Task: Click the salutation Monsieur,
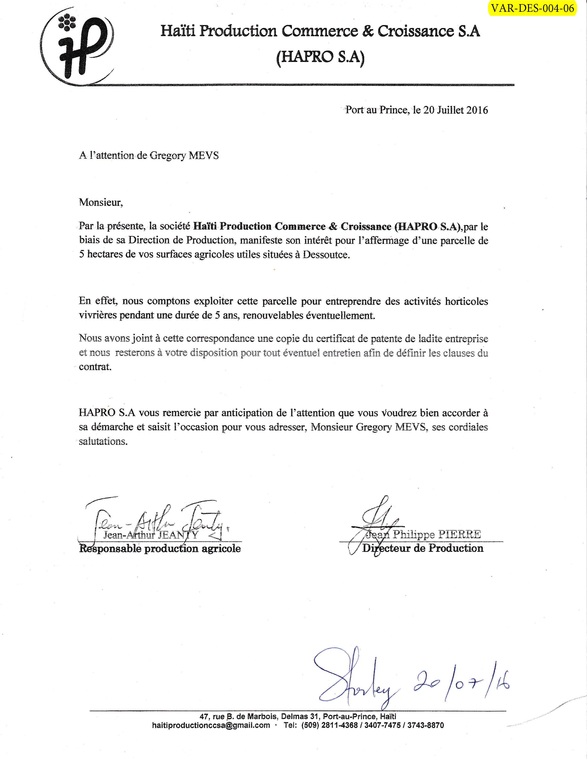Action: pyautogui.click(x=101, y=202)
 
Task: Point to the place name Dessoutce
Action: pyautogui.click(x=326, y=255)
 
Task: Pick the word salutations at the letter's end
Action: pyautogui.click(x=103, y=441)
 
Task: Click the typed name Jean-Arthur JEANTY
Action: pyautogui.click(x=151, y=535)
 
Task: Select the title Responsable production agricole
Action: pyautogui.click(x=160, y=549)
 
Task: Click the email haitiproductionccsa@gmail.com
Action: pyautogui.click(x=211, y=725)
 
